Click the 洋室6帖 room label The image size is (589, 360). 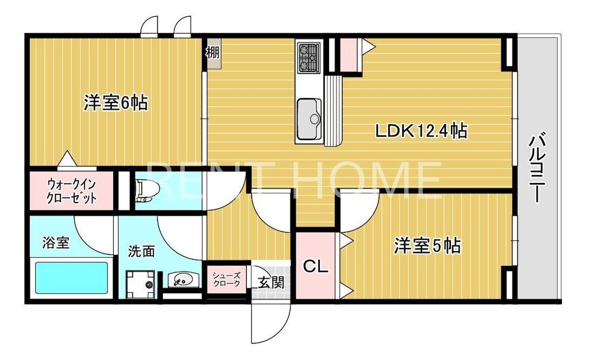pos(116,104)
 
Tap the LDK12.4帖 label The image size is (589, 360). pos(420,131)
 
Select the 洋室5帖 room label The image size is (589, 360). pos(427,246)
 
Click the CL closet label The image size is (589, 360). pos(315,266)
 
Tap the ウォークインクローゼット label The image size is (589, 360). pos(72,192)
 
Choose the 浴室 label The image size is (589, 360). pos(56,242)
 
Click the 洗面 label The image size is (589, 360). pos(141,251)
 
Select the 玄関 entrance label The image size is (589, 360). pos(270,282)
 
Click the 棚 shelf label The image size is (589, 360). pos(213,53)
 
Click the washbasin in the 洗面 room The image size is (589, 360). pos(182,280)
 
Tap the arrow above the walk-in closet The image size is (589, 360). pos(67,158)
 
